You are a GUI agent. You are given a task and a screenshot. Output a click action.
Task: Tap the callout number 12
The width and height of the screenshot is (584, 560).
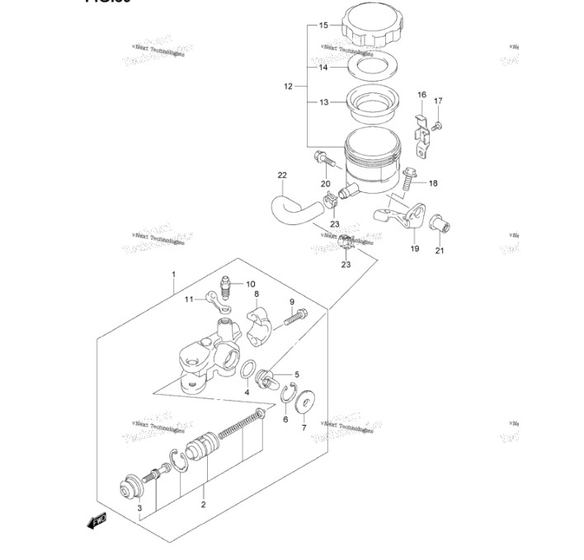288,86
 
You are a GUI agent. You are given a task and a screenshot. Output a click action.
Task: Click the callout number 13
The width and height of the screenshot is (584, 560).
324,102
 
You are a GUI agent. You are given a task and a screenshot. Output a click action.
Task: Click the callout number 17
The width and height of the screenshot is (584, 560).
438,101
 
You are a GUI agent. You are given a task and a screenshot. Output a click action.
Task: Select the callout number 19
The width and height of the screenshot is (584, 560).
414,248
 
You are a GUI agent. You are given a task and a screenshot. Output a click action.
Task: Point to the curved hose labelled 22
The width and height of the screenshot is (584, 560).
285,209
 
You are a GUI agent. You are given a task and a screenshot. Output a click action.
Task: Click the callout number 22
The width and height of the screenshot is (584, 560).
282,175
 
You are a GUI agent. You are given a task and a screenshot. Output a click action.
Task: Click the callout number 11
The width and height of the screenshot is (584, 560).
187,299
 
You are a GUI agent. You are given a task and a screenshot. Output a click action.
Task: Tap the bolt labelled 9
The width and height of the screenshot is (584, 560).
296,314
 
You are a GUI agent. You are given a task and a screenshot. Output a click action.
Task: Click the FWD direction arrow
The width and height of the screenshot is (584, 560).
97,520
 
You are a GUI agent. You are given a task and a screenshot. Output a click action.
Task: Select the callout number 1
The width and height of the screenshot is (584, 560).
173,274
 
